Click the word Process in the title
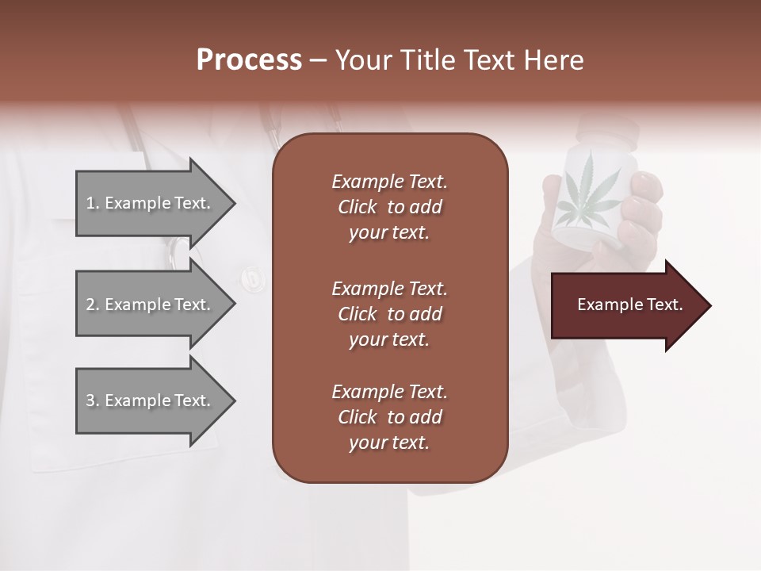249,60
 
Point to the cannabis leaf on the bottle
587,190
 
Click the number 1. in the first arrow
92,203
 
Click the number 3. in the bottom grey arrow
92,400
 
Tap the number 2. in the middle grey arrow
92,305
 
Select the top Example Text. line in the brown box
389,182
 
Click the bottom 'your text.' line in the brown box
389,443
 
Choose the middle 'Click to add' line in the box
389,314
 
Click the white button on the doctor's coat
251,278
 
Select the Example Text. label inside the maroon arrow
630,305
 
